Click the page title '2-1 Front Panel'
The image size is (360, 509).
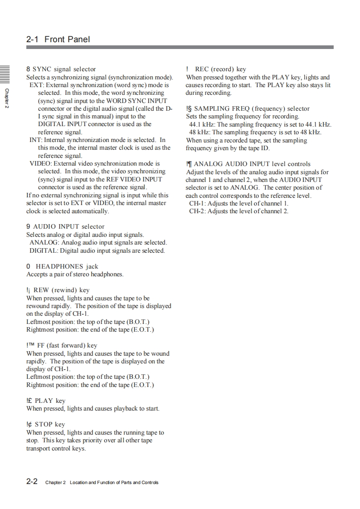[58, 39]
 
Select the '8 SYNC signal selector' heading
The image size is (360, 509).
[61, 69]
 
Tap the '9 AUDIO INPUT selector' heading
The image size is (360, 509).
[65, 226]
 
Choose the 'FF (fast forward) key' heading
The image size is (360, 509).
[66, 345]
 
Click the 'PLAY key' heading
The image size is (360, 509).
[50, 401]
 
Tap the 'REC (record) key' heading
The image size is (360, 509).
[220, 69]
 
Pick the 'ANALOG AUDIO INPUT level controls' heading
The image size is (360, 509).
[252, 164]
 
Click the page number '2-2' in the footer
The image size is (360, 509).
[32, 481]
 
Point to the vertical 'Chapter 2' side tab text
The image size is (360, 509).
[6, 98]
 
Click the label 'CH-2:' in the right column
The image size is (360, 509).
[197, 211]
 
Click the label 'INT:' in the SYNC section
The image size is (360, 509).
[36, 140]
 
